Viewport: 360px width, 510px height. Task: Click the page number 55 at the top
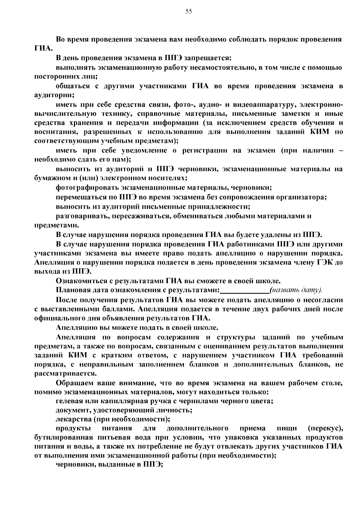[x=188, y=12]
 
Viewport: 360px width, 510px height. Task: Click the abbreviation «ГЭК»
[x=324, y=262]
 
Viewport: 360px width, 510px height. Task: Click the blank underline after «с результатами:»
[x=244, y=290]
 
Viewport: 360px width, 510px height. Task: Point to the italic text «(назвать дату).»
[x=296, y=290]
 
